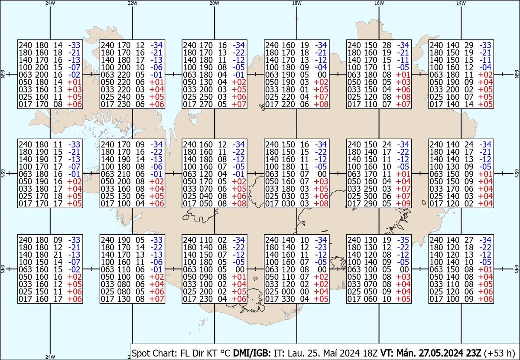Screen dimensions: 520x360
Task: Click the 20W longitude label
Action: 214,3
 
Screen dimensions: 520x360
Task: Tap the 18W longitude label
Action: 297,3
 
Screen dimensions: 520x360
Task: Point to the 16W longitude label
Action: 379,3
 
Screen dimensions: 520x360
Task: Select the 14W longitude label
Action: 461,3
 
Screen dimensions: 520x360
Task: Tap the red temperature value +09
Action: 403,203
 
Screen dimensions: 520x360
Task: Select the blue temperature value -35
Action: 403,240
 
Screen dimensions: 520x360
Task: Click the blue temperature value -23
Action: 321,247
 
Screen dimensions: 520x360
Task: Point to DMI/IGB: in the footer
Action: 252,353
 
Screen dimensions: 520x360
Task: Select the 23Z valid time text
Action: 471,353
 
